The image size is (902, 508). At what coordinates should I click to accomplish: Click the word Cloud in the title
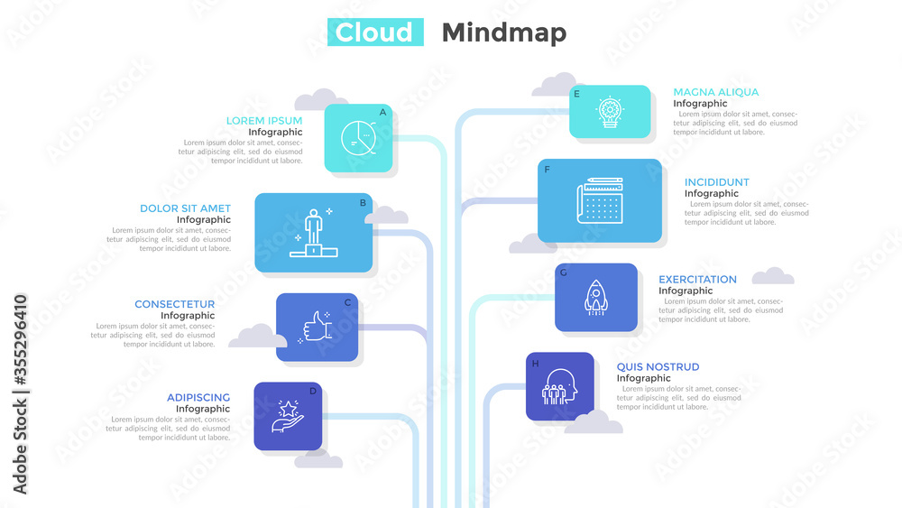click(374, 32)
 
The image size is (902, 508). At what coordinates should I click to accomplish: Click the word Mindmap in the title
click(504, 33)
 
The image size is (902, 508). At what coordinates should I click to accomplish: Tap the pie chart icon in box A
click(358, 138)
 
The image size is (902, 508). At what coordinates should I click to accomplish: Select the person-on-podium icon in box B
click(314, 233)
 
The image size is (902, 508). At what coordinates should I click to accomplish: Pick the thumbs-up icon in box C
click(316, 328)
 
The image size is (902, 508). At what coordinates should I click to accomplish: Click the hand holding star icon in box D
click(288, 417)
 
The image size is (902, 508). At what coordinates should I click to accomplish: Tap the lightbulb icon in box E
click(610, 112)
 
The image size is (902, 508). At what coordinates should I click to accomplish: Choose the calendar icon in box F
click(600, 200)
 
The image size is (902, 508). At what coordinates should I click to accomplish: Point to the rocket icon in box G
click(596, 298)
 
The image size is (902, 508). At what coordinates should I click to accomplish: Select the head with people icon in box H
click(559, 386)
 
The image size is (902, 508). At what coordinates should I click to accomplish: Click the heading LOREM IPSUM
click(264, 121)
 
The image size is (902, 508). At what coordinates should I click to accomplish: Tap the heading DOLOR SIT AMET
click(185, 208)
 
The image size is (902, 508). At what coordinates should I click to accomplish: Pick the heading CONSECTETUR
click(174, 304)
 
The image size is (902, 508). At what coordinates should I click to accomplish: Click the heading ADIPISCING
click(198, 398)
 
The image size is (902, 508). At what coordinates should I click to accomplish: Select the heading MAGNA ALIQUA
click(715, 92)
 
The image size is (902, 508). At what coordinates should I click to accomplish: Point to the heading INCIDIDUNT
click(717, 182)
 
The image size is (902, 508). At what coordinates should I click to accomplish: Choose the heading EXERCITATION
click(697, 280)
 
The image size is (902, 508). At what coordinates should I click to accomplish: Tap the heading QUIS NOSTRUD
click(658, 367)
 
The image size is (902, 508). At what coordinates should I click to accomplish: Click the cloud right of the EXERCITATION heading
click(773, 276)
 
